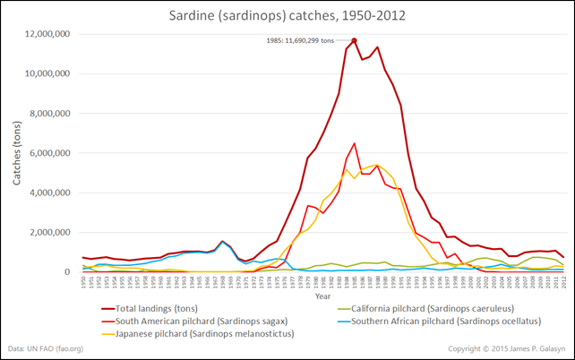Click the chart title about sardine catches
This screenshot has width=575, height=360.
point(287,15)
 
